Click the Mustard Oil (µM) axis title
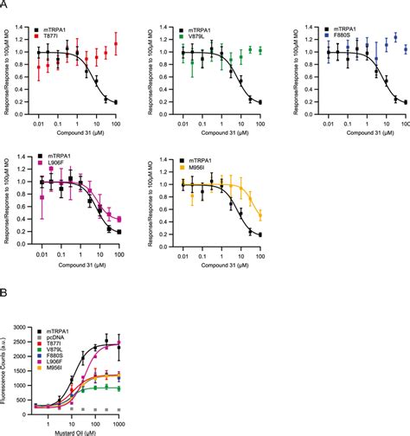[76, 429]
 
